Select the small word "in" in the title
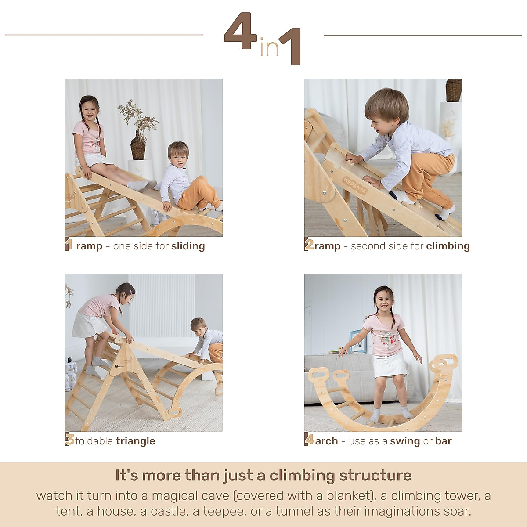[x=269, y=48]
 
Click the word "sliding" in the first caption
[x=188, y=246]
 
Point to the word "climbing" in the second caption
[x=448, y=246]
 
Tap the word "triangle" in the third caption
[x=135, y=441]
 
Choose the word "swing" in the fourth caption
[x=405, y=441]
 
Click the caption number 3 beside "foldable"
[x=69, y=440]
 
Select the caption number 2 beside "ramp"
[x=309, y=245]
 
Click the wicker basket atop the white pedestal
[x=454, y=90]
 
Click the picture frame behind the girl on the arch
[x=357, y=342]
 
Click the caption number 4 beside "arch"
[x=310, y=440]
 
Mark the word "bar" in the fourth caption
[x=443, y=441]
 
